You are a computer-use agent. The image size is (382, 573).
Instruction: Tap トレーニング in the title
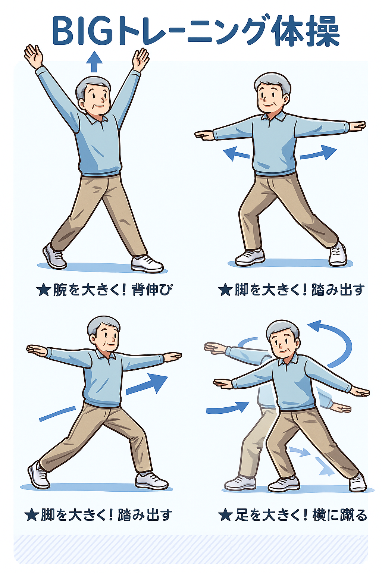190,31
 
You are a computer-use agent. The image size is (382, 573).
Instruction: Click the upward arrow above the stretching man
94,62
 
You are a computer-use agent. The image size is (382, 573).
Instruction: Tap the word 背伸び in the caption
151,290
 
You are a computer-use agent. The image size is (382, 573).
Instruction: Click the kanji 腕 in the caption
60,290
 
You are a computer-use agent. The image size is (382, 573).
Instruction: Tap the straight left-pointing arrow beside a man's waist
236,153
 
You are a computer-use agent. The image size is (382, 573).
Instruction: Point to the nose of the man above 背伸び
103,98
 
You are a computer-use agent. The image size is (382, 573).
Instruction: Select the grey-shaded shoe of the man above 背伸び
54,257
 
